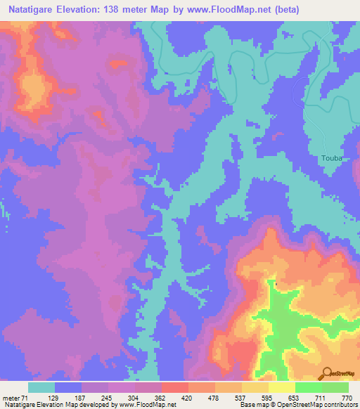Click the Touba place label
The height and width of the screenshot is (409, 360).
tap(331, 158)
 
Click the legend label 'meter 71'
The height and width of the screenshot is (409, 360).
tap(15, 398)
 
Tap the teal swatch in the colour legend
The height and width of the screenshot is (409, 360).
tap(41, 387)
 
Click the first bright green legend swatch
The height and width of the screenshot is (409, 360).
tap(308, 387)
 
